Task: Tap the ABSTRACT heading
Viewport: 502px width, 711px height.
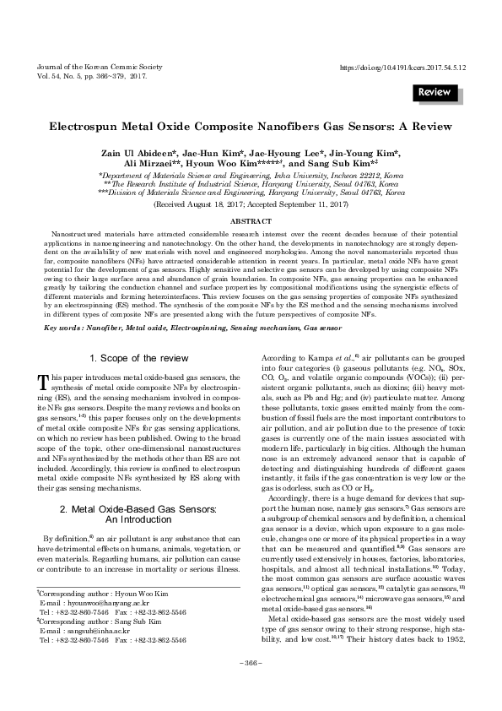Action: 251,220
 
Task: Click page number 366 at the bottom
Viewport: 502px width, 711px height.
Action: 251,686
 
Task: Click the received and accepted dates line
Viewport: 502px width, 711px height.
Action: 251,204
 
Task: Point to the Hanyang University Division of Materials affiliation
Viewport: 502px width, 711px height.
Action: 251,192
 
